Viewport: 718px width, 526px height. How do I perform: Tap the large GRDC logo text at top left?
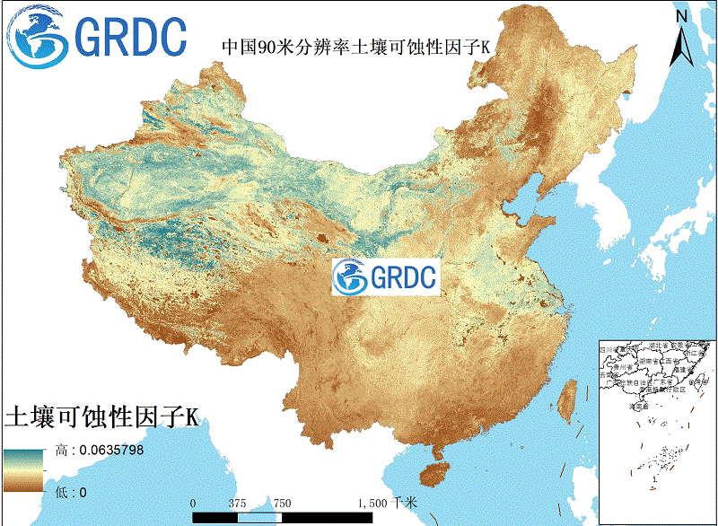click(131, 35)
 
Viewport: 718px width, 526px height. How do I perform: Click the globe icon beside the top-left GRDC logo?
click(36, 37)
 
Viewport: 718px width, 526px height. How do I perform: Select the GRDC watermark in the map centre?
click(384, 276)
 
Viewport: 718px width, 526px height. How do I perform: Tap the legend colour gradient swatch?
click(22, 470)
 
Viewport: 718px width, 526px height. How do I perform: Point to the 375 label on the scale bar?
click(237, 503)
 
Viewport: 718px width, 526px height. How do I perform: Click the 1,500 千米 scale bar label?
click(388, 503)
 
